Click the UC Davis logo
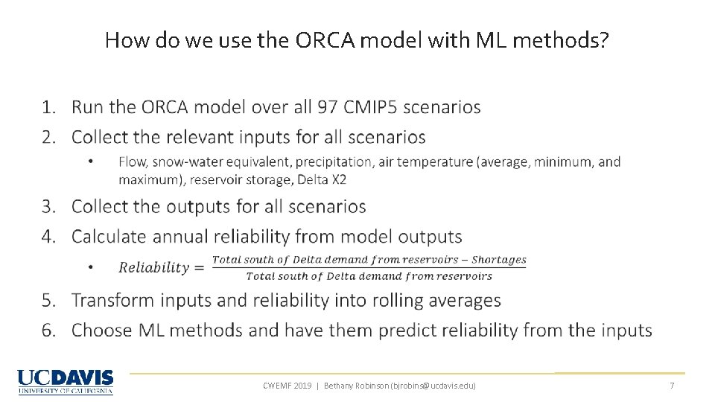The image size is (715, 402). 66,381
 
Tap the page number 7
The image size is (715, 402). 672,386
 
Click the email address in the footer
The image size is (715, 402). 431,386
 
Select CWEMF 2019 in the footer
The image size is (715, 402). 287,386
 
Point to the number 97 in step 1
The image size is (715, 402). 328,107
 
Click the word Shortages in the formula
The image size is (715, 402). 498,260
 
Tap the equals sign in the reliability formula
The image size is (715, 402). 199,268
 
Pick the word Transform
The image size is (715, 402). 107,300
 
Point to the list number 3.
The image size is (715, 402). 48,206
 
